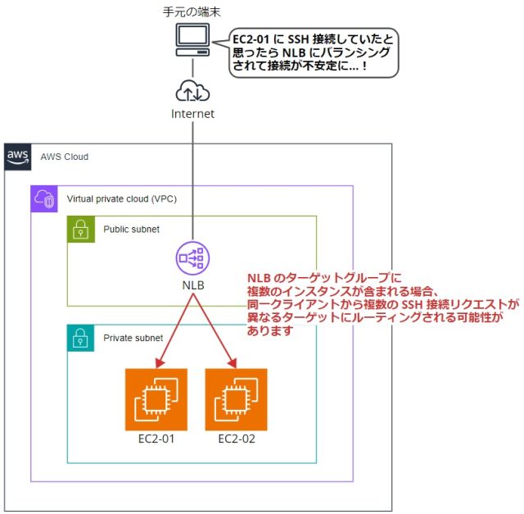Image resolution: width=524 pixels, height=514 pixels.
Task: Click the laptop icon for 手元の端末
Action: click(x=192, y=39)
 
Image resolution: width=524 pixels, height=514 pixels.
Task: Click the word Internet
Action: click(x=192, y=114)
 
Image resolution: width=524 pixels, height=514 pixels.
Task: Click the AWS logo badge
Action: click(x=17, y=157)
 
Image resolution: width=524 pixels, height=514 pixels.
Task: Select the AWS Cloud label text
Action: click(x=65, y=157)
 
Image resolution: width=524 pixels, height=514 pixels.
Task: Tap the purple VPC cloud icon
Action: click(x=43, y=198)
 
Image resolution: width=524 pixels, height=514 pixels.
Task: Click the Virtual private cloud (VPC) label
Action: click(x=120, y=198)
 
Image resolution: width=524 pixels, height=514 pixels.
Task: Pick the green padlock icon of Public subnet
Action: click(x=80, y=230)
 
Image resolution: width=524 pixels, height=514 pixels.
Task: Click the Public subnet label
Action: click(x=131, y=230)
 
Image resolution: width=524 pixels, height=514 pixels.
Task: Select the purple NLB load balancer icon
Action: click(x=192, y=259)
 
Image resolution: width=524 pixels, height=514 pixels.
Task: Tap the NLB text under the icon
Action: click(x=192, y=286)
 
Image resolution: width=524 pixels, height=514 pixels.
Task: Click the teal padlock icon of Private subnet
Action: click(x=80, y=338)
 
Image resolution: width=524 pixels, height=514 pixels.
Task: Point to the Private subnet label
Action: click(x=133, y=338)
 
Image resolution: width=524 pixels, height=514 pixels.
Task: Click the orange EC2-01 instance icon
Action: click(x=156, y=399)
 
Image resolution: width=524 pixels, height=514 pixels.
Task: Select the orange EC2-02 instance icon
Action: click(x=236, y=399)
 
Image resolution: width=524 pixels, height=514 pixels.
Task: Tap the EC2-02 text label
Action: click(x=236, y=439)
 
